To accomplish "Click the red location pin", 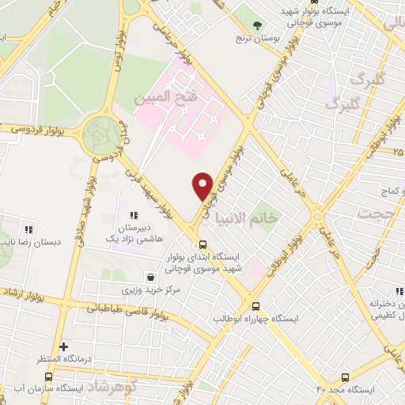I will coord(203,185).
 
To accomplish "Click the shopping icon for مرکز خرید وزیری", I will coord(150,276).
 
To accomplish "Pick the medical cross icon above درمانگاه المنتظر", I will coord(64,346).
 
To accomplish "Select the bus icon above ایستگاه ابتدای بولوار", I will coord(203,244).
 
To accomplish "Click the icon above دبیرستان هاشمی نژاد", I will coord(133,214).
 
